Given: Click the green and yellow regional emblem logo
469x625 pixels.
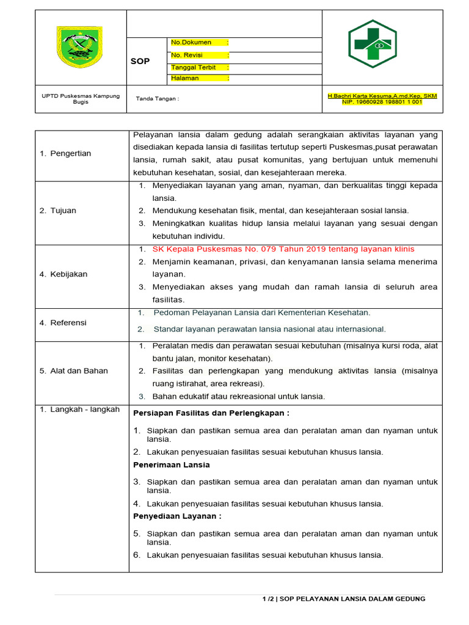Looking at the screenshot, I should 79,47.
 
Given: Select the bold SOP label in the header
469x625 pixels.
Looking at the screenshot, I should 140,62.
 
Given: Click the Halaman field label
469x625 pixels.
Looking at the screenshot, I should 185,78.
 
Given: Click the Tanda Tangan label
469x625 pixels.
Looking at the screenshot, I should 157,99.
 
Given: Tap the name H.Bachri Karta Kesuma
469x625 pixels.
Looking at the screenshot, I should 382,96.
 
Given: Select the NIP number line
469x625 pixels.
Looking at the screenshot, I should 382,102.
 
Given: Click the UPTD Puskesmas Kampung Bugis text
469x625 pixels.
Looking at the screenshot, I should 81,99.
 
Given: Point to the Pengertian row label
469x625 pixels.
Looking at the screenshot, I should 65,153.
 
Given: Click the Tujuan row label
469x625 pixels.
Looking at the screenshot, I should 58,211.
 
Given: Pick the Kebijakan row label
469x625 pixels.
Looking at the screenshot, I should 64,274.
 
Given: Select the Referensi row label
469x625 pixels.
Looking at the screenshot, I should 63,322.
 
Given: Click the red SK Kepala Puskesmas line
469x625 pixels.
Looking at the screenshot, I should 283,249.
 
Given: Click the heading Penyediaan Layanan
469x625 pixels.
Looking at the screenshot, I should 176,516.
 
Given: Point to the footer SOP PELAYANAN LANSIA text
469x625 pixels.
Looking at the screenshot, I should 351,599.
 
